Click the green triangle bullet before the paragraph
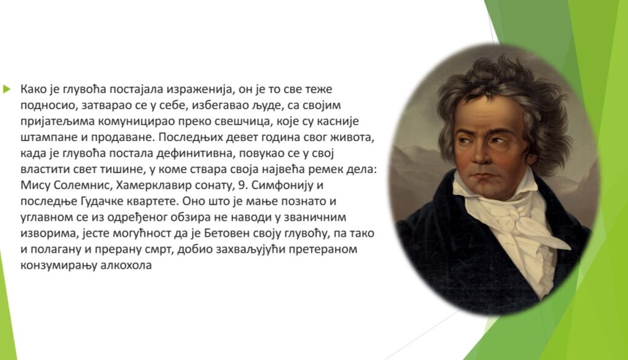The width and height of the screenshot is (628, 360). [x=6, y=89]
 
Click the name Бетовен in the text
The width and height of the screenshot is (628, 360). [x=227, y=234]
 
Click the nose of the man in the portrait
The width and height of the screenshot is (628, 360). [x=479, y=154]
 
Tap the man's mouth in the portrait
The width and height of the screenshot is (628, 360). [x=483, y=175]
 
